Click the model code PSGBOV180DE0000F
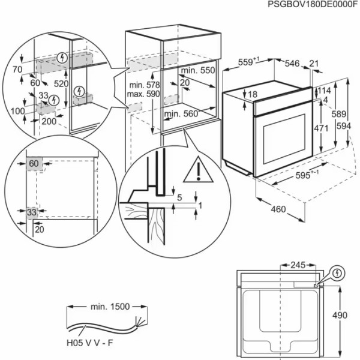tap(308, 5)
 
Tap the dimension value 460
tap(277, 210)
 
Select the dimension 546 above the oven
tap(292, 63)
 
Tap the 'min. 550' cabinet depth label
tap(199, 70)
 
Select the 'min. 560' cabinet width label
tap(181, 113)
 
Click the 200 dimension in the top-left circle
tap(49, 121)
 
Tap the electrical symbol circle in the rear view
tap(339, 273)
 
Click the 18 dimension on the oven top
tap(253, 94)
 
